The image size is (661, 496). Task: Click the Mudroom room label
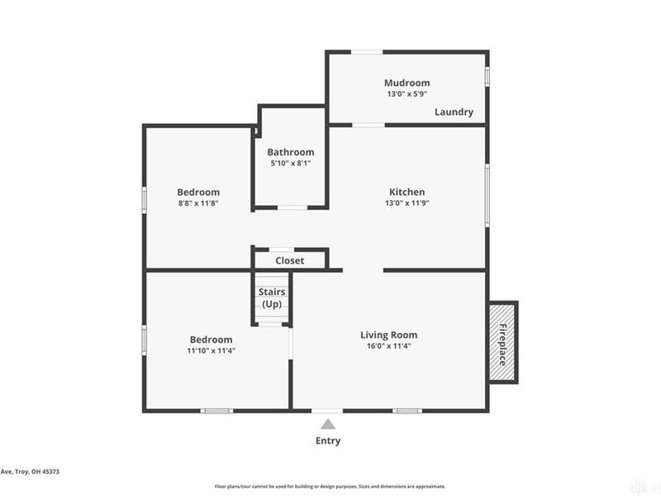[407, 83]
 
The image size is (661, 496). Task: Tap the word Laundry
[454, 112]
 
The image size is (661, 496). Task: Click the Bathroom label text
[290, 152]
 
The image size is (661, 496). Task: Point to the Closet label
[289, 260]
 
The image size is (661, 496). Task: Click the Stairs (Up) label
[272, 298]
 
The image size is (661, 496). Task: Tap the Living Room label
[388, 335]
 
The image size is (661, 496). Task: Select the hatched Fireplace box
[502, 342]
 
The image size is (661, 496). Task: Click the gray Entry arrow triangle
[328, 424]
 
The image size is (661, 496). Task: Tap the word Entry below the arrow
[328, 441]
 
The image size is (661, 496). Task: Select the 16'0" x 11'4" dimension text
[388, 347]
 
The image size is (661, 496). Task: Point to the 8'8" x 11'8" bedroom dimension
[198, 203]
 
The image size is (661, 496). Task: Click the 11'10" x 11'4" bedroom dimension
[211, 351]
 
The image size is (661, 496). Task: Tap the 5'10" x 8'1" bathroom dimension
[290, 165]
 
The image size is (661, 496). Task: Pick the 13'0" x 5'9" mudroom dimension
[407, 95]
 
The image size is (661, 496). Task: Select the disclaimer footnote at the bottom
[330, 487]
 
